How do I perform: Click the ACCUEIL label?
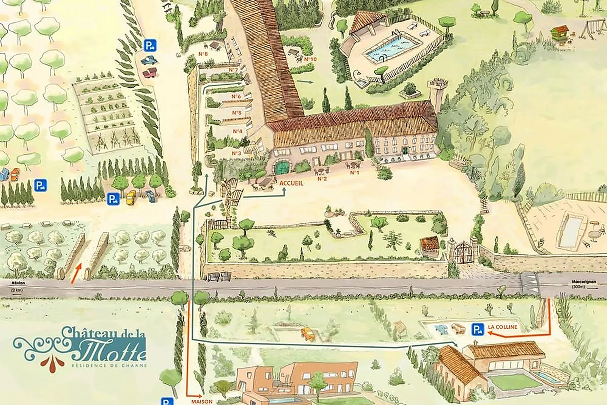[x=291, y=183]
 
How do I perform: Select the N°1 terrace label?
[x=354, y=173]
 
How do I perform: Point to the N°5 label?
[x=237, y=113]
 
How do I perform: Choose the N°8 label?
[x=203, y=54]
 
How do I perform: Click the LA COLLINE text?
[x=502, y=327]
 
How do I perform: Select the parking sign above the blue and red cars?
[x=150, y=46]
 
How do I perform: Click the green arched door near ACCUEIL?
[x=281, y=168]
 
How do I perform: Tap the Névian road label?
[x=18, y=283]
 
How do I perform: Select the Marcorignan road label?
[x=583, y=282]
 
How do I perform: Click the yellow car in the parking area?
[x=131, y=198]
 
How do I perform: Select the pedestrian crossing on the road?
[x=529, y=284]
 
